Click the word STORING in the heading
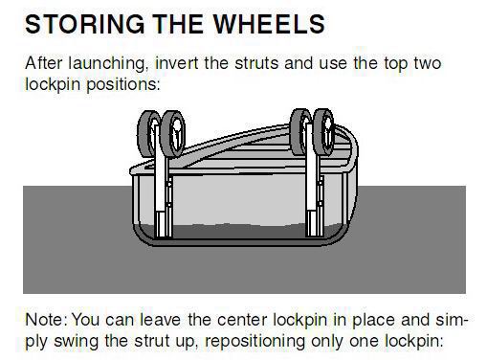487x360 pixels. (85, 24)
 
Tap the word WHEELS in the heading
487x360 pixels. (269, 24)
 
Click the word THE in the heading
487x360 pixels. (178, 24)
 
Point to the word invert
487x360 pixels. (176, 63)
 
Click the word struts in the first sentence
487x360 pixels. (256, 63)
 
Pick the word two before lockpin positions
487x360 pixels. (428, 63)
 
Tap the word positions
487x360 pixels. (123, 84)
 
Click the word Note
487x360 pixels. (46, 320)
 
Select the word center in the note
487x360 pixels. (242, 320)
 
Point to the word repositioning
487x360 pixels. (255, 342)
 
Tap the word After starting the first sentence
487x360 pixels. (43, 63)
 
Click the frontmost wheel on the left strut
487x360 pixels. (173, 134)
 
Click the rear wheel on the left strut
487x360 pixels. (147, 133)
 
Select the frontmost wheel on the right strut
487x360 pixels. (323, 132)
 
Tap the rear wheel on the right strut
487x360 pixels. (299, 131)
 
